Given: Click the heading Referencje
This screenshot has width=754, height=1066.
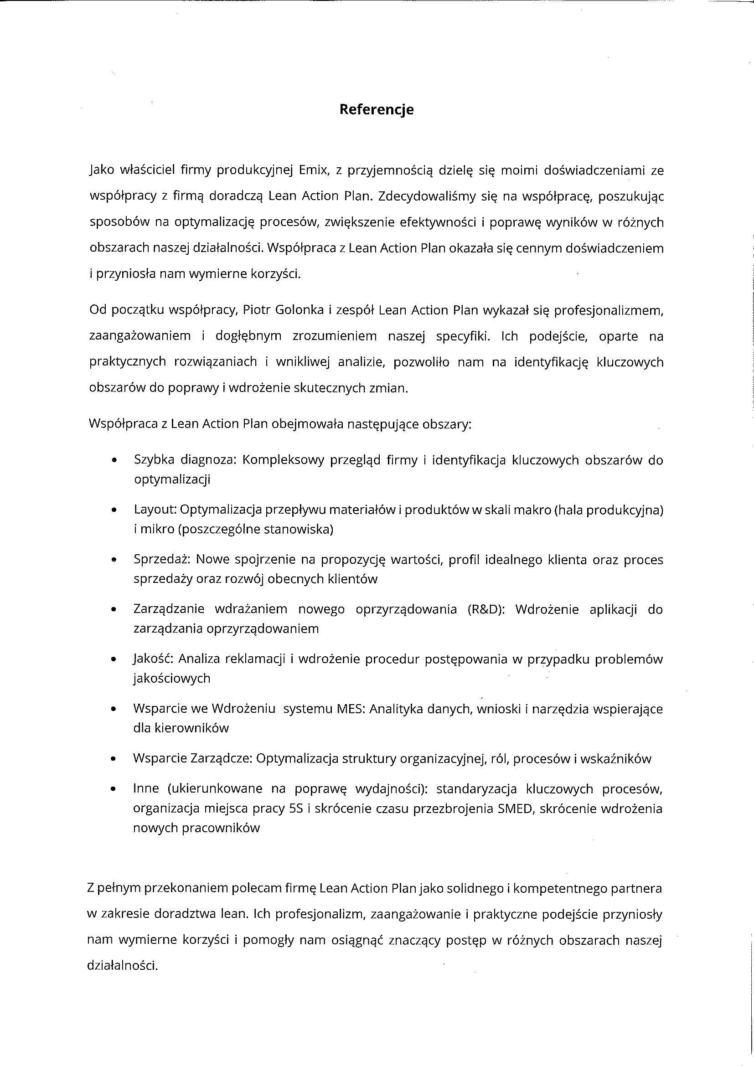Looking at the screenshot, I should (376, 109).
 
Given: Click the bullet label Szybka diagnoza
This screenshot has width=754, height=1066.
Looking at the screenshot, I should (185, 460).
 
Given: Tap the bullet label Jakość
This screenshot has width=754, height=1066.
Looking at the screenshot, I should (153, 659).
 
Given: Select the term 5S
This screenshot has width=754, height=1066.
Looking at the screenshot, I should (296, 809).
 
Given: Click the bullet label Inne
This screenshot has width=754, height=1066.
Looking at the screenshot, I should (146, 789).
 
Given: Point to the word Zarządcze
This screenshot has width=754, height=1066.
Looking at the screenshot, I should (221, 759).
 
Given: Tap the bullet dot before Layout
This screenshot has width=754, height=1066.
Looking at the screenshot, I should (114, 510).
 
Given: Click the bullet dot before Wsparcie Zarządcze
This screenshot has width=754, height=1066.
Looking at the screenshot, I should (114, 759).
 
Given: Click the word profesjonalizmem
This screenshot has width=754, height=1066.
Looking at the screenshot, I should (609, 310).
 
